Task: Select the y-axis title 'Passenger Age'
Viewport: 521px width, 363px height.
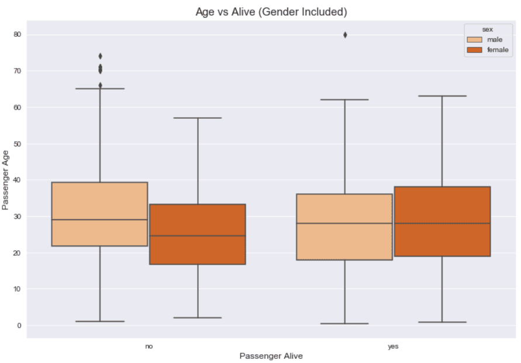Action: (x=6, y=180)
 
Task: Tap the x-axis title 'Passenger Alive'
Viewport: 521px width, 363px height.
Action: (x=271, y=355)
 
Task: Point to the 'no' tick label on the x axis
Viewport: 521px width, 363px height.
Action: (x=149, y=346)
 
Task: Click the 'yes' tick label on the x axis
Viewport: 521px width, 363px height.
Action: (x=393, y=346)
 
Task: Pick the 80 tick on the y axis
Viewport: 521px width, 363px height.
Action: (x=18, y=35)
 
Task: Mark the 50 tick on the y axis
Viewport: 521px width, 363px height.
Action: (x=18, y=144)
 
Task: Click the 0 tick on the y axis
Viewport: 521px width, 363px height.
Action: (x=19, y=326)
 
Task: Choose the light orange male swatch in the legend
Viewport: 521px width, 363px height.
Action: (x=475, y=39)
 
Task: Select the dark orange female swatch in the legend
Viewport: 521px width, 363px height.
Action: (x=475, y=50)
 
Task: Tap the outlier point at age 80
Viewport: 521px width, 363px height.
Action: (x=344, y=35)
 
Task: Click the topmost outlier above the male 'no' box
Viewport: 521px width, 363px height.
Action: (x=100, y=56)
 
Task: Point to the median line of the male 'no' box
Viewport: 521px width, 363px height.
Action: (x=99, y=220)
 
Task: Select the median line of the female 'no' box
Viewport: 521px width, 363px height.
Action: (x=197, y=236)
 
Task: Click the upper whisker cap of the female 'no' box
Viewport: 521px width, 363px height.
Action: (x=197, y=118)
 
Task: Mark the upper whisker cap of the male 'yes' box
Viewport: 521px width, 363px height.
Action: (x=344, y=100)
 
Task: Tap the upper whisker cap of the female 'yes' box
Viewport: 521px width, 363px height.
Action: (x=442, y=95)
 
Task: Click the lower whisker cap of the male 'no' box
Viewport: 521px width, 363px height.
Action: (x=100, y=321)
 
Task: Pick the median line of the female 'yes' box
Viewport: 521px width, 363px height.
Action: (x=442, y=223)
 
